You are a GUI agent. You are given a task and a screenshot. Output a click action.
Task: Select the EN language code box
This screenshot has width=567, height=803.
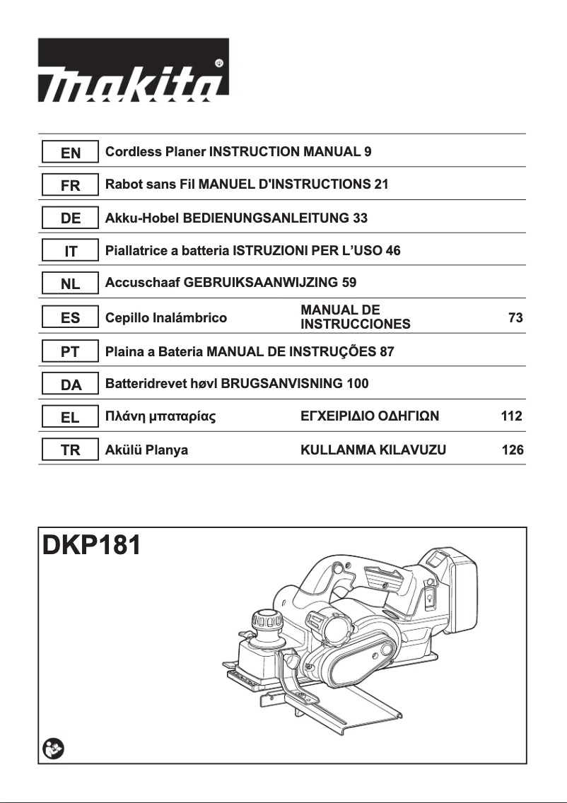pyautogui.click(x=70, y=152)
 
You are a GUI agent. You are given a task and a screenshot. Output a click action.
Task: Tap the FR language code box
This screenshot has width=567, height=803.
pyautogui.click(x=70, y=185)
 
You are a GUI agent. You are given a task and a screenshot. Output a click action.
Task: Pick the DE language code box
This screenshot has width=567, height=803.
pyautogui.click(x=70, y=218)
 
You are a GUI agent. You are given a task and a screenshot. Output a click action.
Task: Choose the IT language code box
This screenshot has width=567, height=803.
pyautogui.click(x=70, y=251)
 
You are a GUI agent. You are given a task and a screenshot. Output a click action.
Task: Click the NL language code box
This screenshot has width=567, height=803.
pyautogui.click(x=70, y=284)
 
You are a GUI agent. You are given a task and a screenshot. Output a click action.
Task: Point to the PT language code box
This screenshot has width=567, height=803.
pyautogui.click(x=70, y=351)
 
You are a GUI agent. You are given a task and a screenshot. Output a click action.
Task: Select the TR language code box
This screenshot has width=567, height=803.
pyautogui.click(x=70, y=450)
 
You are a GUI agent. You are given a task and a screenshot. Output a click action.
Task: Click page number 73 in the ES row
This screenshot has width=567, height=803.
pyautogui.click(x=515, y=318)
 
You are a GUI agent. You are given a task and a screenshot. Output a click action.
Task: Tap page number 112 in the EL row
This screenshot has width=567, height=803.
pyautogui.click(x=511, y=416)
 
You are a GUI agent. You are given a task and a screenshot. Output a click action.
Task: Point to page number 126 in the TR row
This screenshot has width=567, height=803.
pyautogui.click(x=512, y=450)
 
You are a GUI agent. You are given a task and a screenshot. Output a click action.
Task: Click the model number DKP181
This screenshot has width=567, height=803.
pyautogui.click(x=91, y=546)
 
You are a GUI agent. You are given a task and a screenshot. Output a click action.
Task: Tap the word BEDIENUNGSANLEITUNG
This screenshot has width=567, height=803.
pyautogui.click(x=266, y=218)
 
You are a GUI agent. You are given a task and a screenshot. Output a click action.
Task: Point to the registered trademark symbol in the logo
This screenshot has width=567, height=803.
pyautogui.click(x=218, y=64)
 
